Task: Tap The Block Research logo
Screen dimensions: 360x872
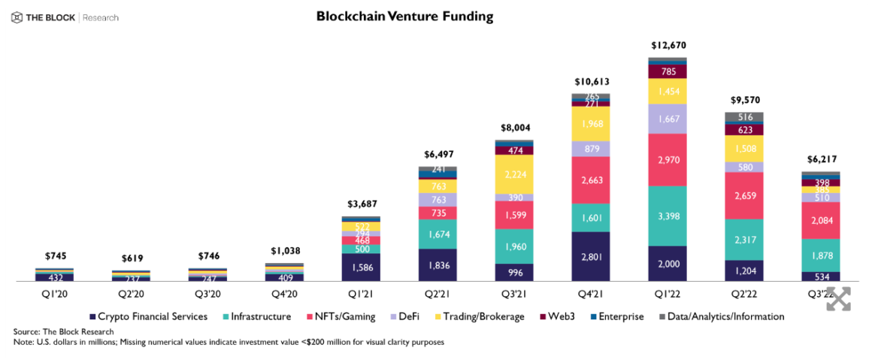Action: pyautogui.click(x=65, y=17)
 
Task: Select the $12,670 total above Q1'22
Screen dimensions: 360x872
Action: pyautogui.click(x=668, y=45)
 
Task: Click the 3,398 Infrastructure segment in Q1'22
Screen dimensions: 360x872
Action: pyautogui.click(x=668, y=216)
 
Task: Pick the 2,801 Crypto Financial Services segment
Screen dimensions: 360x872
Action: pyautogui.click(x=590, y=256)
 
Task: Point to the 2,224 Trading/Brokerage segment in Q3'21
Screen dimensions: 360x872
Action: pyautogui.click(x=513, y=174)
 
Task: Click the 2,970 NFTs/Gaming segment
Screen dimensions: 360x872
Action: pyautogui.click(x=668, y=159)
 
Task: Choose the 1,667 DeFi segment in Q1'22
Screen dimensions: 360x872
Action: pyautogui.click(x=668, y=119)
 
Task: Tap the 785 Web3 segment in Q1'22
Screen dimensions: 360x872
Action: pyautogui.click(x=668, y=72)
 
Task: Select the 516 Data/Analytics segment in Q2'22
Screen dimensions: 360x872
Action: pyautogui.click(x=744, y=116)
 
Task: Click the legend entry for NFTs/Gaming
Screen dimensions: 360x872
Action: pyautogui.click(x=341, y=316)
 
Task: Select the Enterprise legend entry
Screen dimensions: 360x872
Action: pyautogui.click(x=617, y=316)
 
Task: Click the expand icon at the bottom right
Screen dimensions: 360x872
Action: pyautogui.click(x=839, y=298)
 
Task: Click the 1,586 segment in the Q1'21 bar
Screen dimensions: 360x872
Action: pyautogui.click(x=360, y=267)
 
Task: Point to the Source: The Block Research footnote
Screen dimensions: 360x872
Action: pyautogui.click(x=63, y=331)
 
